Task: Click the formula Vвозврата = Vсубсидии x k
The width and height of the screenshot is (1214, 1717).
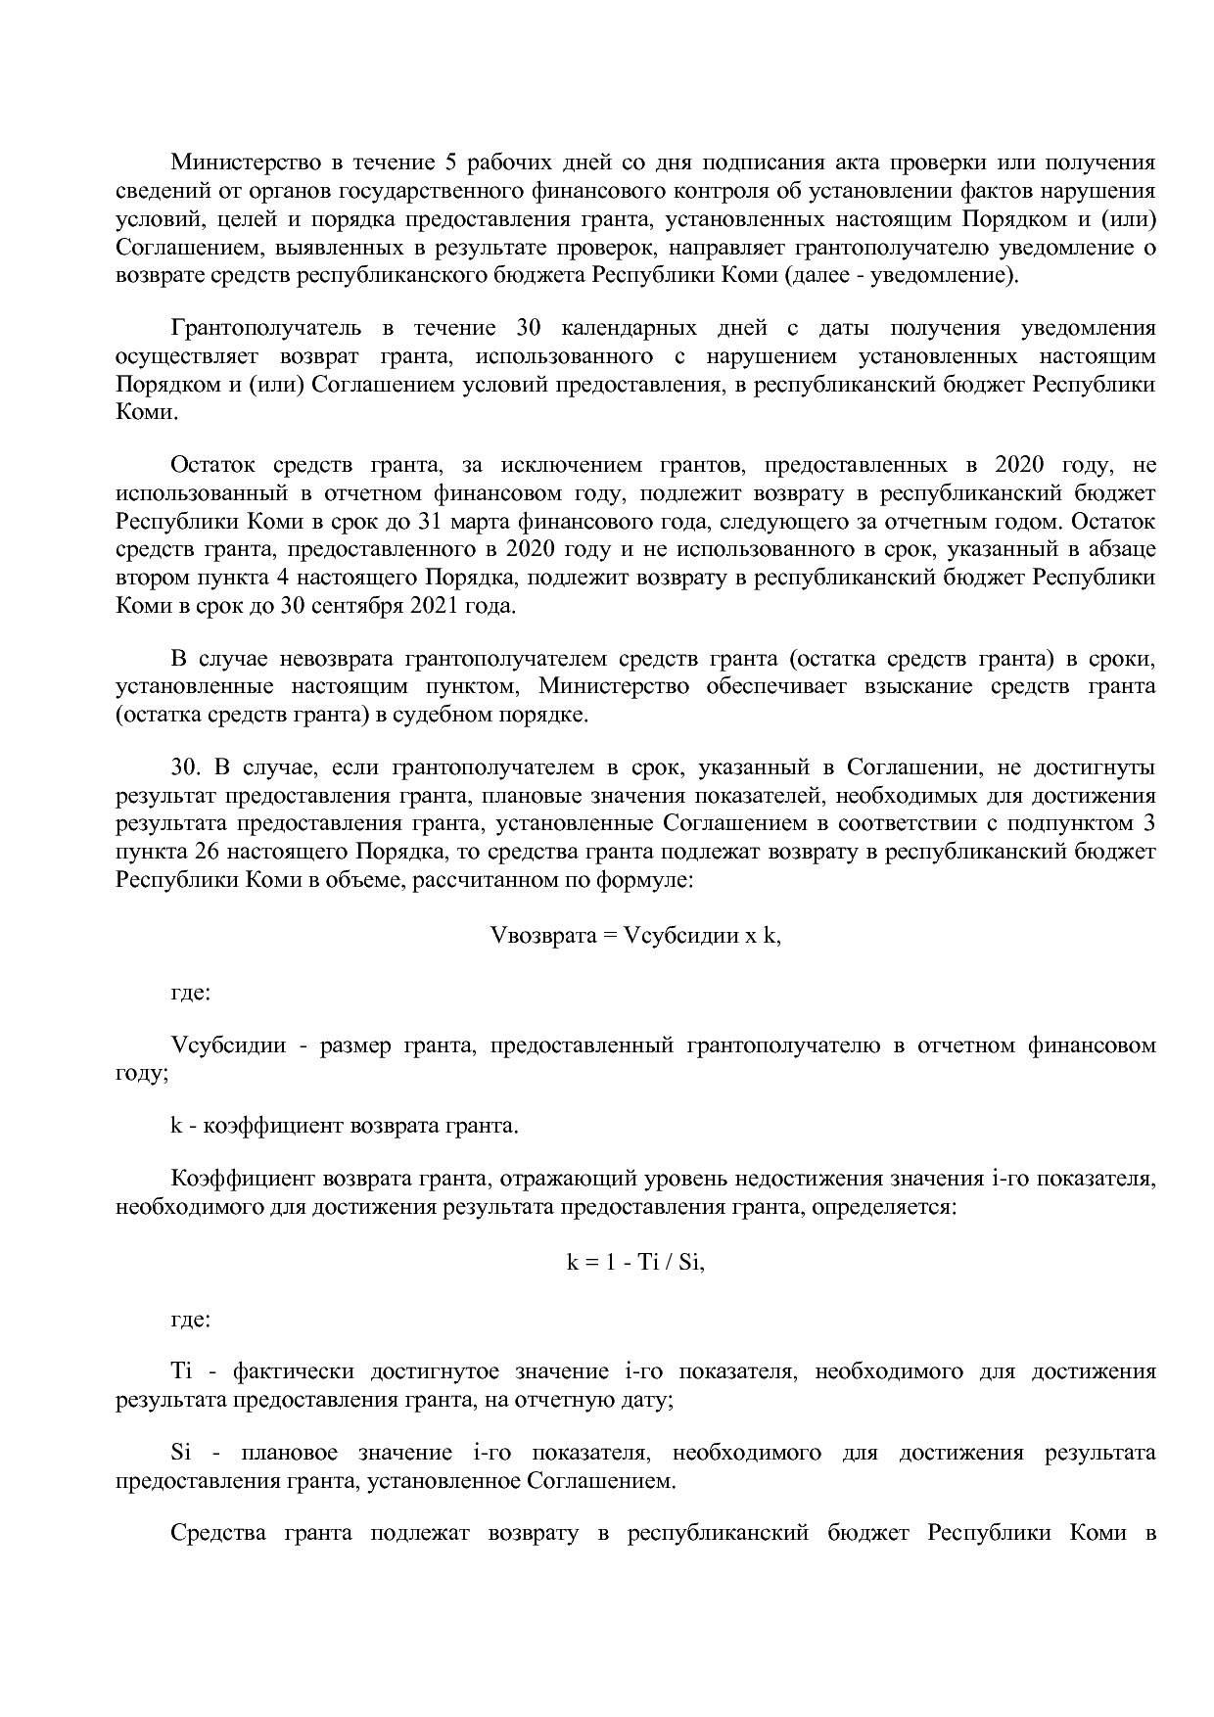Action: point(634,935)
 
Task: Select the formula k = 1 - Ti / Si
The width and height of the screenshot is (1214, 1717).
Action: point(635,1262)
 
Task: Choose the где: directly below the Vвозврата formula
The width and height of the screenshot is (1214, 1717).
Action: point(190,993)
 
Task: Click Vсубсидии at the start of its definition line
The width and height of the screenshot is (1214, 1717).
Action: point(228,1044)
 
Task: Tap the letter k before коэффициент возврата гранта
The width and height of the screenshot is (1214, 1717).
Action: point(176,1125)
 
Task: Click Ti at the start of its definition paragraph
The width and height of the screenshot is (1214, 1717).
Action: point(183,1371)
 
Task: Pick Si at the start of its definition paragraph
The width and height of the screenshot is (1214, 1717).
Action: point(181,1452)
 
